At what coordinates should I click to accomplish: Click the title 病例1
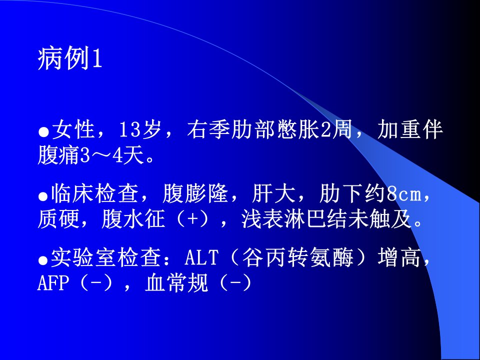pyautogui.click(x=70, y=58)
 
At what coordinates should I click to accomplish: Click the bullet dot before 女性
pyautogui.click(x=44, y=132)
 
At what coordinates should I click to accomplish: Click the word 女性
pyautogui.click(x=73, y=130)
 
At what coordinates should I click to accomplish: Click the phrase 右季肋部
pyautogui.click(x=230, y=130)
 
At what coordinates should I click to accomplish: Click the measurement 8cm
pyautogui.click(x=404, y=194)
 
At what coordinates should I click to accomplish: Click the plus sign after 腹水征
pyautogui.click(x=193, y=220)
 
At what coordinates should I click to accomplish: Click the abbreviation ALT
pyautogui.click(x=201, y=258)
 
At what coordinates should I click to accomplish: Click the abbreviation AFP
pyautogui.click(x=52, y=283)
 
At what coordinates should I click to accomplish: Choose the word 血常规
pyautogui.click(x=176, y=283)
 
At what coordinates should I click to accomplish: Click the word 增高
pyautogui.click(x=399, y=258)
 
